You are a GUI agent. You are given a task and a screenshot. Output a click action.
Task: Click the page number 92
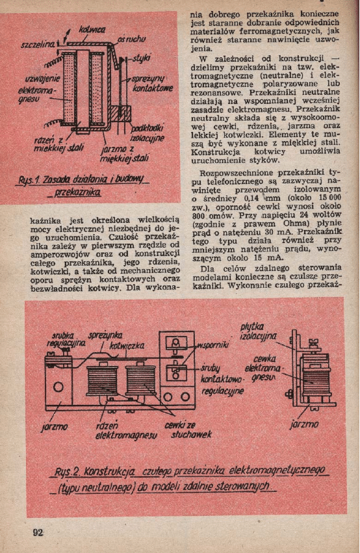point(38,532)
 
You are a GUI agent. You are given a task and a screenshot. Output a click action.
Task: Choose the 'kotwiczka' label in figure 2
point(127,346)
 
